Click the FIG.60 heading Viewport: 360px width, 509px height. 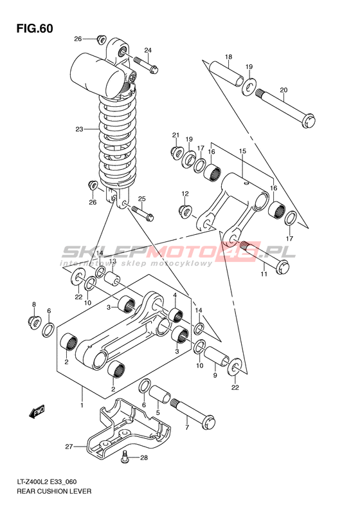35,29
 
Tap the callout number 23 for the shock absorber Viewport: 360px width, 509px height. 80,129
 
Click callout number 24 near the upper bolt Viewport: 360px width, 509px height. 148,50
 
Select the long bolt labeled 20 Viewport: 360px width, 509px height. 285,109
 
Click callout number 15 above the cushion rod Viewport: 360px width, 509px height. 242,151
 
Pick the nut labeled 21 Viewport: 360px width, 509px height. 176,152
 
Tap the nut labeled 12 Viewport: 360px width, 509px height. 186,211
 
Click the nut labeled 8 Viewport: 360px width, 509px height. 34,322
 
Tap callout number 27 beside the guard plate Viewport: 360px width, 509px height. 69,447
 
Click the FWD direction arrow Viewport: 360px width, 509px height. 37,412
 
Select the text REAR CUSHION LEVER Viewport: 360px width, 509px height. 54,491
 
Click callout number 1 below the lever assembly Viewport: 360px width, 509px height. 82,405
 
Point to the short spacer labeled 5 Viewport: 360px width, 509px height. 160,394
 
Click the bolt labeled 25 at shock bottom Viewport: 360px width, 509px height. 142,212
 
